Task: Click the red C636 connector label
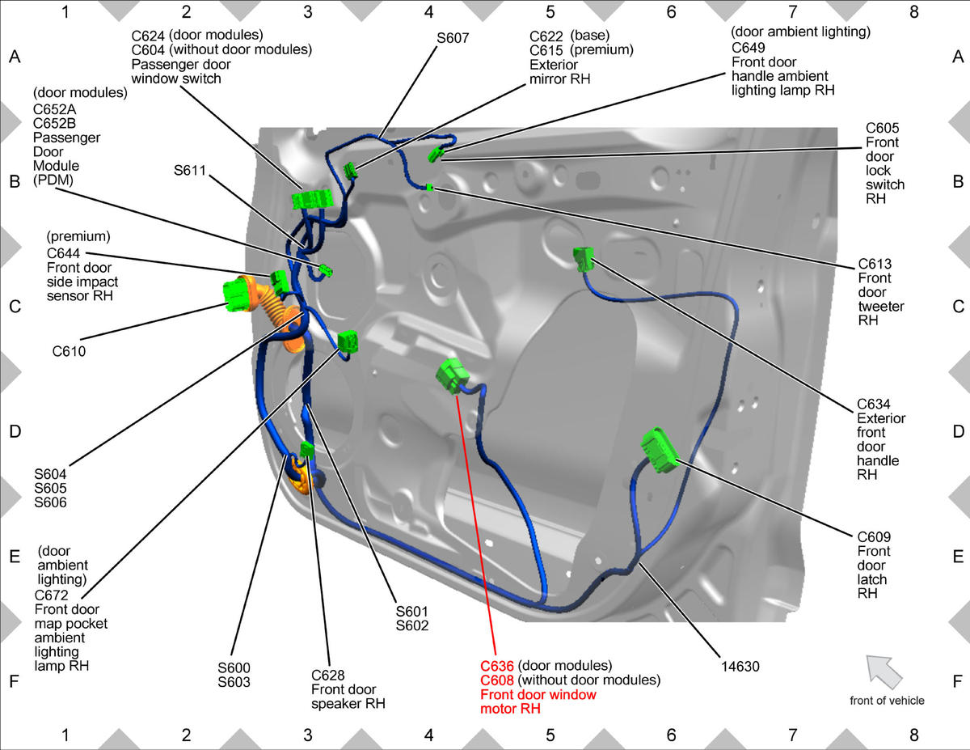497,666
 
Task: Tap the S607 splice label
453,38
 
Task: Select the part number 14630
740,667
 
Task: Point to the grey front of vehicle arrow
884,672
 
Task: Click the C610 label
69,352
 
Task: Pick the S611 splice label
190,170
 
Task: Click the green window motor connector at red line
452,376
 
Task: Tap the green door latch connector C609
660,450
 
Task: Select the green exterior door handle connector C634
584,259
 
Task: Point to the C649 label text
749,48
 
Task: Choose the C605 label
882,128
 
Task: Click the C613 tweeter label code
875,264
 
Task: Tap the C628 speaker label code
327,675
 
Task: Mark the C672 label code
52,595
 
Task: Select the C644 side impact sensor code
63,253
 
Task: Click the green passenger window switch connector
313,199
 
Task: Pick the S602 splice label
412,625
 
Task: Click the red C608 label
497,680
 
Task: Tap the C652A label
54,109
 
